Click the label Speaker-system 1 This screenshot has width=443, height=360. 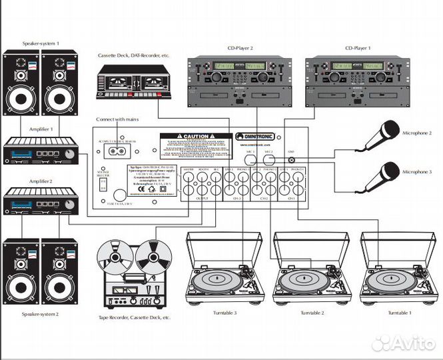[41, 43]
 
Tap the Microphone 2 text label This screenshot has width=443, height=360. [416, 133]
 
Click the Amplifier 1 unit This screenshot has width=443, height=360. [41, 153]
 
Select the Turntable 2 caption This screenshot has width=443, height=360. [312, 313]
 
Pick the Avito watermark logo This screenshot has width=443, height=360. [404, 343]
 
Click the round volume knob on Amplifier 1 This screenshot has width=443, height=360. [70, 155]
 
